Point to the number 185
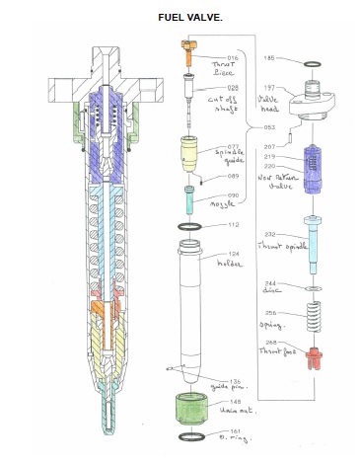[267, 59]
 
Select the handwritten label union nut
[238, 411]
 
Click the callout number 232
[267, 233]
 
